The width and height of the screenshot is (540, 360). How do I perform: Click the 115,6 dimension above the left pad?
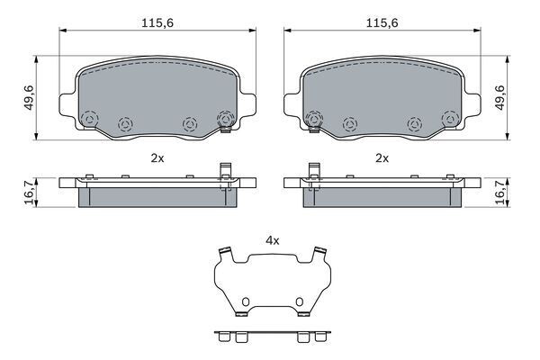(157, 23)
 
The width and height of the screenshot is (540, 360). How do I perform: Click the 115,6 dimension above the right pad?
(382, 23)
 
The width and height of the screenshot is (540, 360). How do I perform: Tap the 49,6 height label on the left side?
(30, 98)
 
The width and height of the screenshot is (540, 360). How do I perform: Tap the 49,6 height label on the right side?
(499, 98)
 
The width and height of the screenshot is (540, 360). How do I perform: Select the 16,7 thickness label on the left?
(30, 193)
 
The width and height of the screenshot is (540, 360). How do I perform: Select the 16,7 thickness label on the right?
(499, 193)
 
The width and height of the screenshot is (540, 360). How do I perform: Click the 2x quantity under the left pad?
(157, 158)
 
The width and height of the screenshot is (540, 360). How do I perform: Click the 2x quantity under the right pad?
(382, 158)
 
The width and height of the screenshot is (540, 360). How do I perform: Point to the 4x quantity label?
(273, 241)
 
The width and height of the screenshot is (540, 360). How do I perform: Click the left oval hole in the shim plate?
(245, 301)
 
